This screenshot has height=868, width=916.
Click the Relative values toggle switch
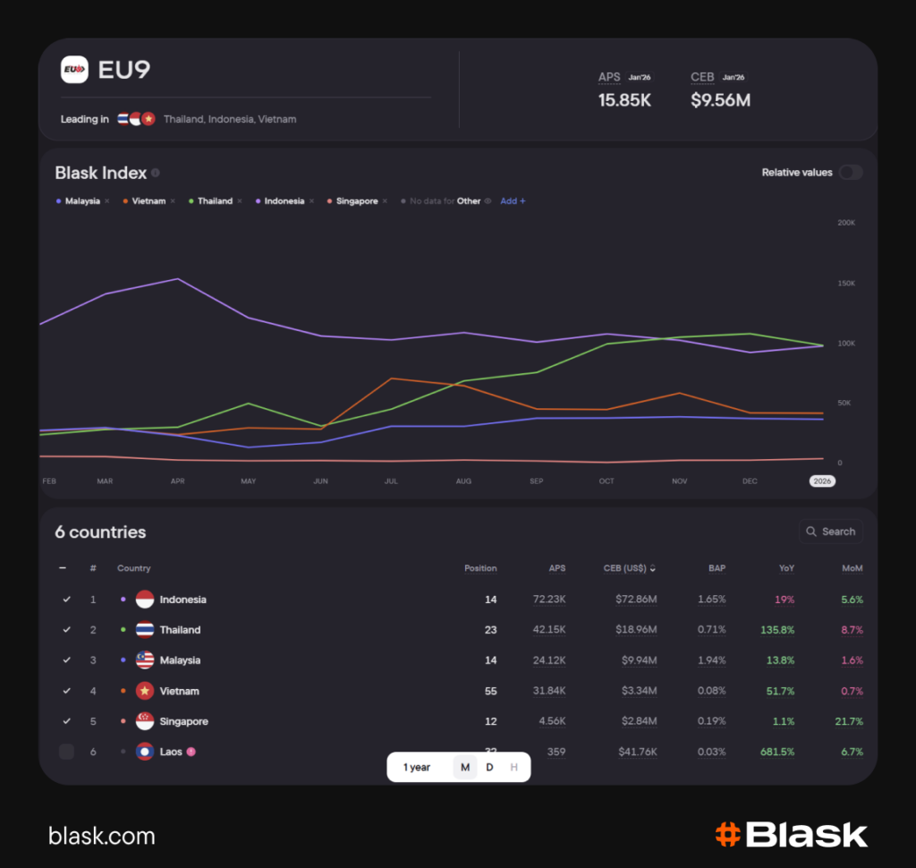(x=850, y=173)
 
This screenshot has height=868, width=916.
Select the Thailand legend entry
(x=215, y=201)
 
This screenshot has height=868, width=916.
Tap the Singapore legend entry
(x=357, y=201)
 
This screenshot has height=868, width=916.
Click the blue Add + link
(x=513, y=201)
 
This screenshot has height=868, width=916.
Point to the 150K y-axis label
(x=845, y=284)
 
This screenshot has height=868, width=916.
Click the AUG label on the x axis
(x=463, y=481)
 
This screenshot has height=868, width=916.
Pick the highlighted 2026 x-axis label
(x=822, y=481)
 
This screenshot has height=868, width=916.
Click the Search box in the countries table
(x=831, y=532)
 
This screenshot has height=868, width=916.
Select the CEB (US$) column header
(x=630, y=568)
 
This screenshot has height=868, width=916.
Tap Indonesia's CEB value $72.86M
(x=638, y=600)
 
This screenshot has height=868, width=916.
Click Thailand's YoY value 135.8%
(x=776, y=630)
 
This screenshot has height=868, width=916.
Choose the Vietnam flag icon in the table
(x=144, y=691)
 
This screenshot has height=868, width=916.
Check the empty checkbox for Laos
(x=66, y=752)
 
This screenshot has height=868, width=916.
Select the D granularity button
(x=489, y=767)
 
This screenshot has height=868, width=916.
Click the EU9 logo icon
(x=74, y=70)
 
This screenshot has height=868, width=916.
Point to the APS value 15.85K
(x=624, y=100)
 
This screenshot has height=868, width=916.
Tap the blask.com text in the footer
(x=101, y=837)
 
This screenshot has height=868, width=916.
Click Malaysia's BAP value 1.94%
(x=711, y=660)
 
